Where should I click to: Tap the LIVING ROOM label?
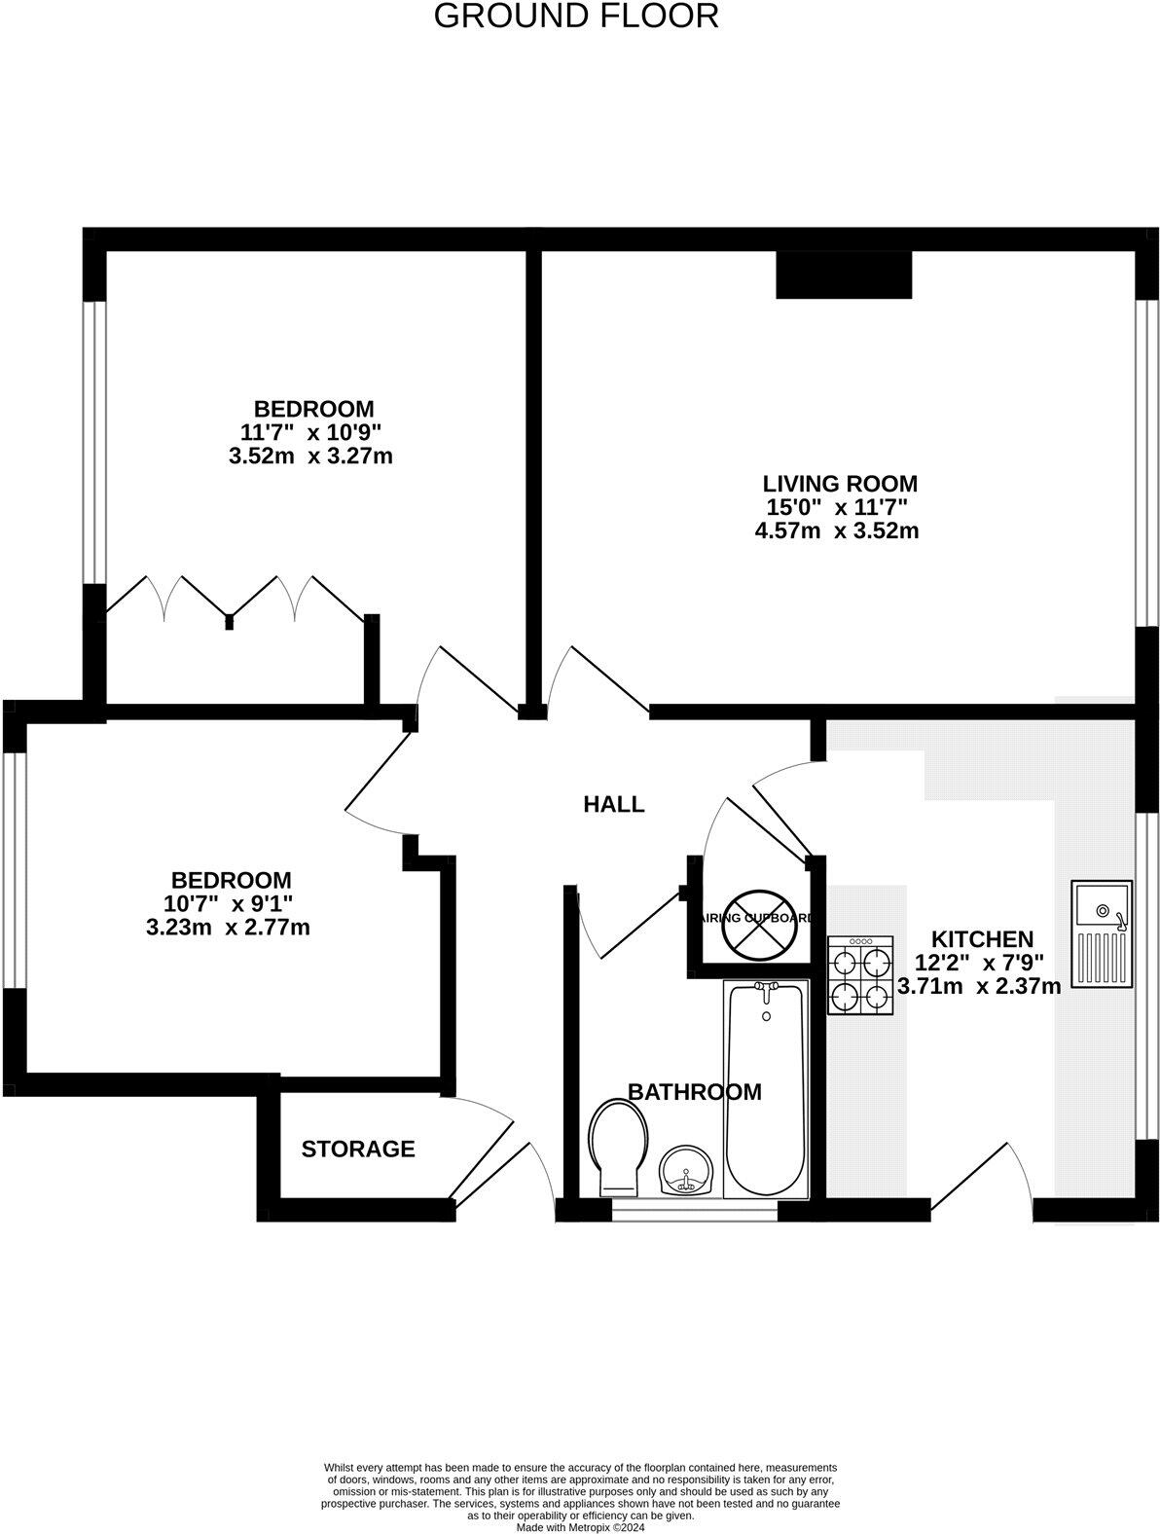(x=839, y=484)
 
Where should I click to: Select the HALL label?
(x=613, y=804)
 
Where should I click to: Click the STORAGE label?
(x=358, y=1150)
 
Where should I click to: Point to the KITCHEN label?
(x=982, y=939)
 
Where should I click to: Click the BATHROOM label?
(x=694, y=1092)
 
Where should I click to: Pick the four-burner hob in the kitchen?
(x=860, y=975)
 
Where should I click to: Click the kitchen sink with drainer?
(x=1103, y=932)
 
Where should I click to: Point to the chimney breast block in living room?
(x=844, y=274)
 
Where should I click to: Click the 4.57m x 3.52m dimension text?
(x=837, y=531)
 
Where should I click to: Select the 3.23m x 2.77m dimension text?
(x=228, y=928)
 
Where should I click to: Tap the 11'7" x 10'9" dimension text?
(x=311, y=432)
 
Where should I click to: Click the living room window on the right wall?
(x=1148, y=462)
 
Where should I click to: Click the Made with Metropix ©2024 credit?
(x=580, y=1528)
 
